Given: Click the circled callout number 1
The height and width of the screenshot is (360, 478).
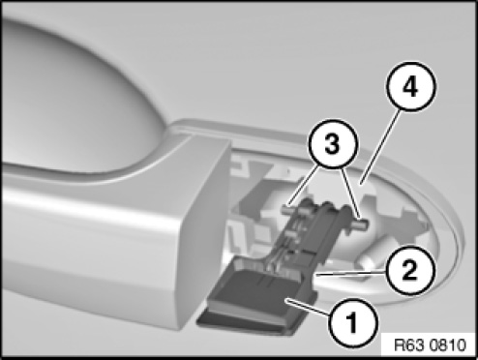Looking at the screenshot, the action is [352, 322].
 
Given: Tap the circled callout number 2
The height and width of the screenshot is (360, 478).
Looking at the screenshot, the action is [409, 271].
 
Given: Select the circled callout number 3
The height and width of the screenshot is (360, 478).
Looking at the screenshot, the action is [333, 144].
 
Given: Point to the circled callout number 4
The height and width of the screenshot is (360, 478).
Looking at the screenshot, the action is [410, 87].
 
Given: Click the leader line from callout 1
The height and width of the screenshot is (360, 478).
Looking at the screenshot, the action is [309, 307].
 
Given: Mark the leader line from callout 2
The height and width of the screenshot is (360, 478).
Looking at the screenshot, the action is [351, 274].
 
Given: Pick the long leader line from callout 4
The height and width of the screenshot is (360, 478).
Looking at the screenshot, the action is [381, 147].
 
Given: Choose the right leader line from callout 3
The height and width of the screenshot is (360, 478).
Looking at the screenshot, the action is [351, 194].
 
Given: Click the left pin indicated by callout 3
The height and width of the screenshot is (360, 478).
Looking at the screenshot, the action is [291, 208].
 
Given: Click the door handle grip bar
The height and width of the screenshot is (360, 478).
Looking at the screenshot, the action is [97, 245].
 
